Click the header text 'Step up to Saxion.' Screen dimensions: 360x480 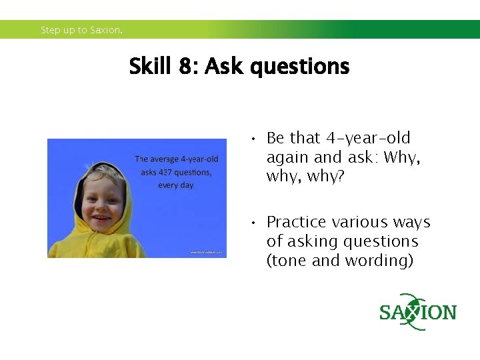(x=81, y=30)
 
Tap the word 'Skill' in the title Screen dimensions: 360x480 (x=150, y=67)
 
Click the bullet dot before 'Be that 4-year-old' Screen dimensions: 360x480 (x=253, y=139)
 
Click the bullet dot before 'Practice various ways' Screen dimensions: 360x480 (x=253, y=223)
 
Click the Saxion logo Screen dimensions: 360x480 (x=417, y=312)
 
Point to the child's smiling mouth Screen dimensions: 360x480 (x=102, y=218)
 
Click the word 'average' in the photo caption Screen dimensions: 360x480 (x=166, y=159)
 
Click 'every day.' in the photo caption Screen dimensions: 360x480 (x=176, y=185)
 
